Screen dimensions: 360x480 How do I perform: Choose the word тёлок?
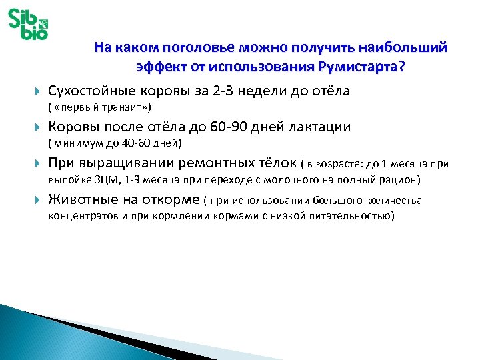(x=277, y=164)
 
